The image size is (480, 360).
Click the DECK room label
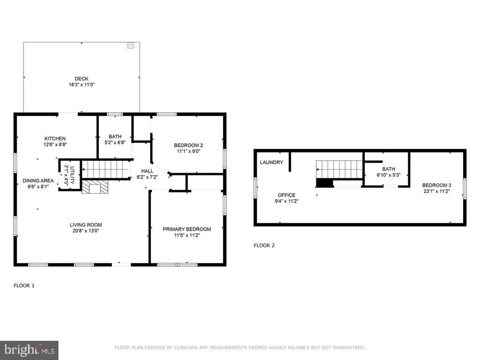(x=82, y=79)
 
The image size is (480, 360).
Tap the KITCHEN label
(x=55, y=139)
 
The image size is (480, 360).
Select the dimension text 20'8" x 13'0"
(x=86, y=231)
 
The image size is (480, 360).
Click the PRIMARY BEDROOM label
(x=187, y=229)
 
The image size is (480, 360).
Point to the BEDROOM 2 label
(x=188, y=145)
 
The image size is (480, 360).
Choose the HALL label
(x=147, y=171)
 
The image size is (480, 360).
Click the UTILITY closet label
(x=72, y=175)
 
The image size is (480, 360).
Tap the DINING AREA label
(x=38, y=180)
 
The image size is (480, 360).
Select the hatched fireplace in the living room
(x=95, y=187)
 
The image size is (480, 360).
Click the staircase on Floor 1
(x=105, y=169)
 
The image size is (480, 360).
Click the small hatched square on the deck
(x=131, y=45)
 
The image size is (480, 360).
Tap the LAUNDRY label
(x=271, y=162)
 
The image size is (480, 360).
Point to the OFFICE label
(x=286, y=195)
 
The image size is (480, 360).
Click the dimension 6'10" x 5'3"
(x=389, y=175)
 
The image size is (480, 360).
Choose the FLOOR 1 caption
(x=24, y=285)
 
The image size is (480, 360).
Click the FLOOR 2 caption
(x=264, y=246)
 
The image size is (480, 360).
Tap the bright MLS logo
(x=29, y=350)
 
